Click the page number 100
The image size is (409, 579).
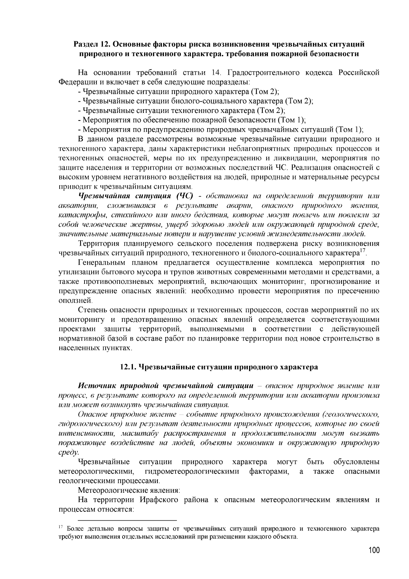click(373, 550)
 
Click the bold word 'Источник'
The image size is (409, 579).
click(98, 386)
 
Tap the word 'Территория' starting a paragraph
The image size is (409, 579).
click(99, 244)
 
